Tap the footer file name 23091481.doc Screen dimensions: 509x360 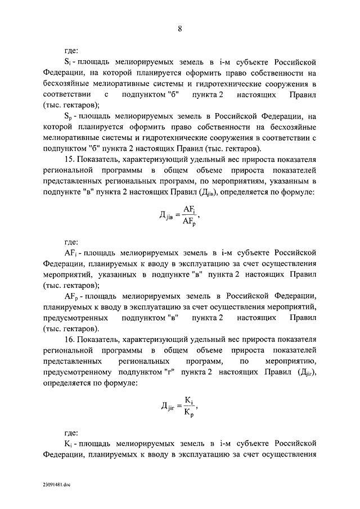56,484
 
